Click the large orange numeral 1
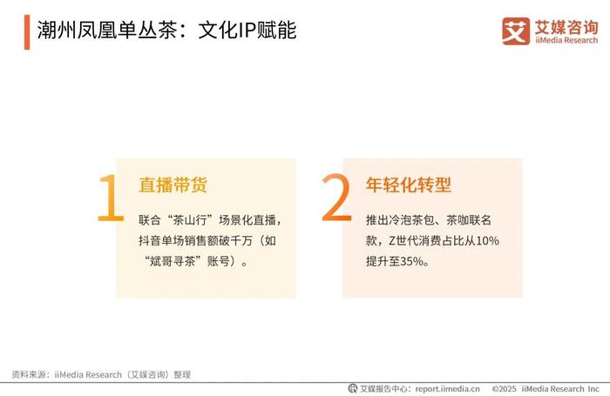point(111,198)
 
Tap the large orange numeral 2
point(336,198)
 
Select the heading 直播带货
point(173,185)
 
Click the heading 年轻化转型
point(409,185)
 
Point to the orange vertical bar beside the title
point(27,32)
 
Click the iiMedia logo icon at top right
point(516,31)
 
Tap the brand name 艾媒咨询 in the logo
point(566,27)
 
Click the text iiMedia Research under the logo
point(566,40)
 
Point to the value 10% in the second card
point(487,240)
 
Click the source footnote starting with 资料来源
point(101,374)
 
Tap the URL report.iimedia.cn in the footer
point(447,389)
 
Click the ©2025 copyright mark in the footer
point(505,389)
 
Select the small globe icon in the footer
point(352,388)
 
